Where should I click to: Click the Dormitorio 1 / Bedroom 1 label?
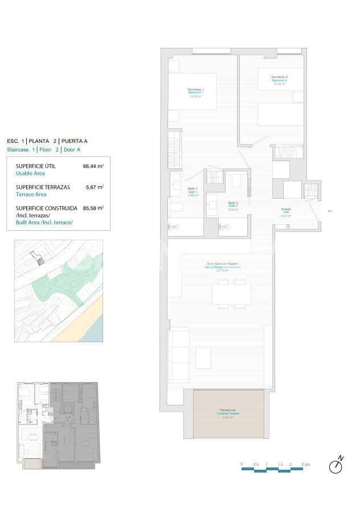pos(195,92)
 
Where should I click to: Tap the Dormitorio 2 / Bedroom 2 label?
pos(279,79)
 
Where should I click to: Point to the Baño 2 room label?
pos(233,204)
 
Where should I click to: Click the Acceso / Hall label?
pos(286,211)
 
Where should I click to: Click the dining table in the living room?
pos(231,294)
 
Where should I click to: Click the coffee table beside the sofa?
pos(203,358)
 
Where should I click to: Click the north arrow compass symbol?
pos(336,466)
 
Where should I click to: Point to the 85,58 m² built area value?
pos(93,208)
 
